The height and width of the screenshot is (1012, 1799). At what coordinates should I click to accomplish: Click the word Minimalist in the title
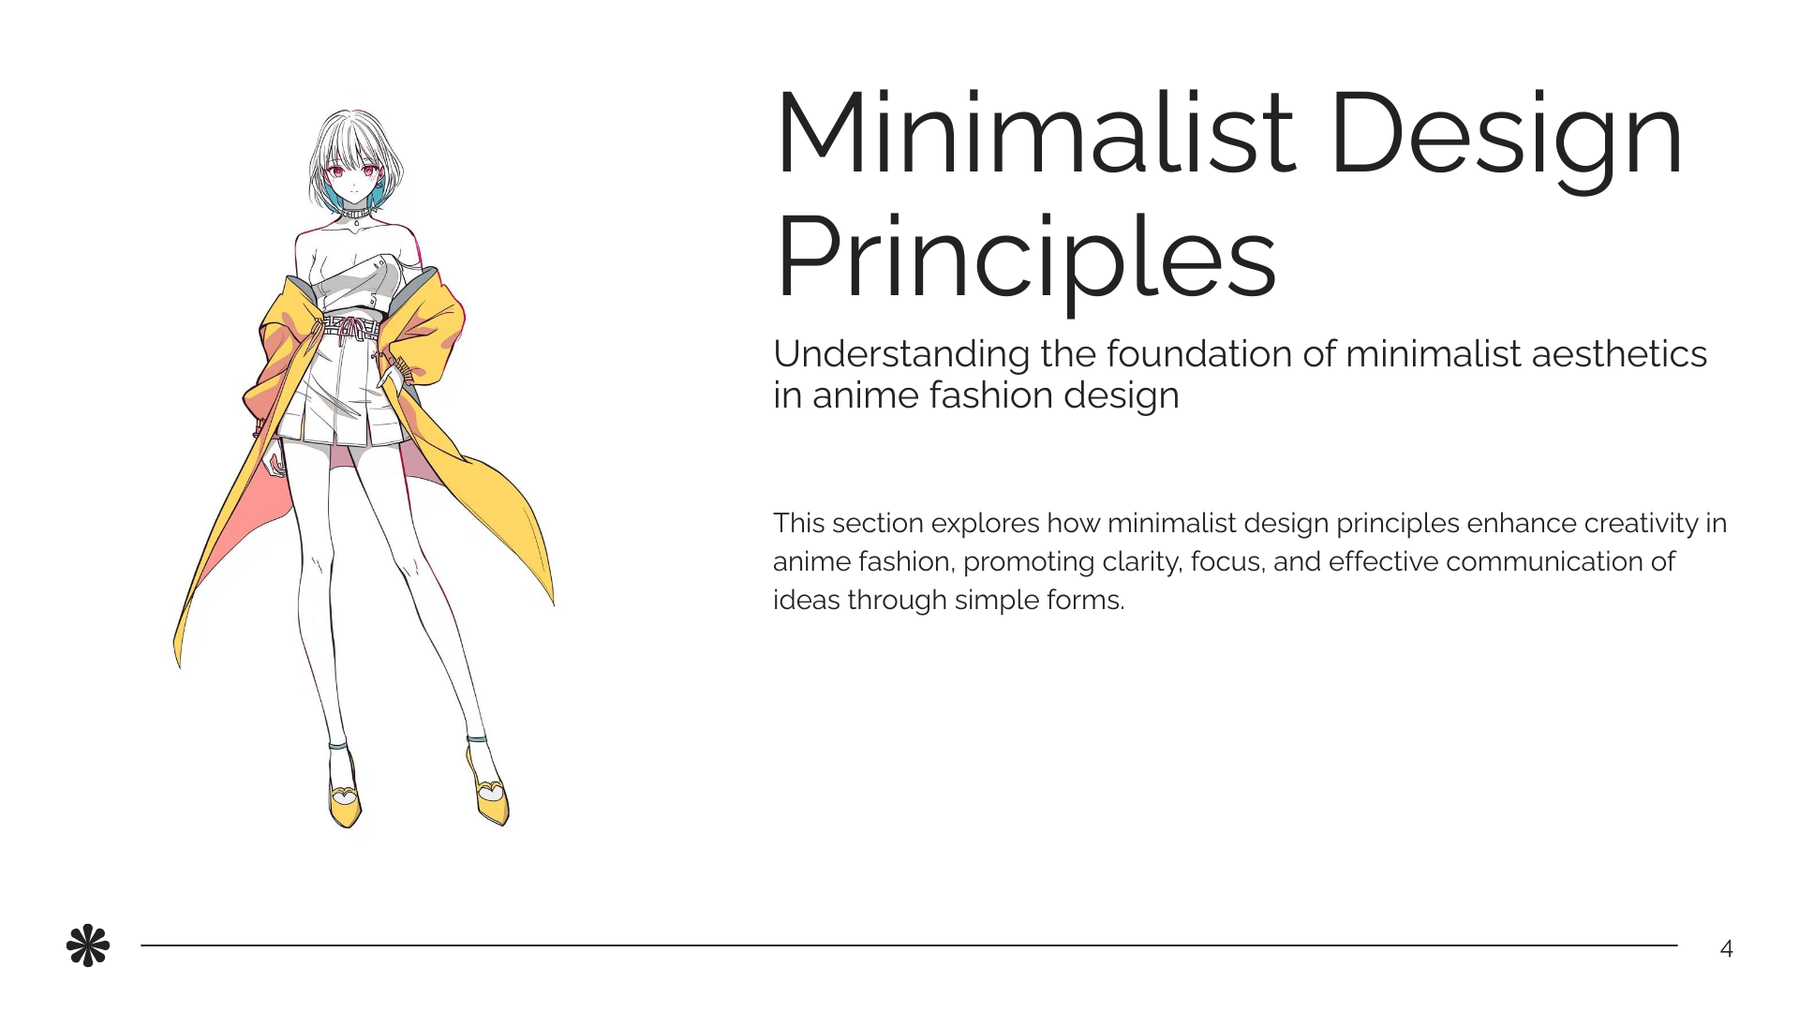[x=1035, y=133]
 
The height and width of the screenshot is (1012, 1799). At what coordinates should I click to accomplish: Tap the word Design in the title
[x=1506, y=133]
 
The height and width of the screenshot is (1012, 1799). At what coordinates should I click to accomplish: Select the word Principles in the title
[x=1026, y=257]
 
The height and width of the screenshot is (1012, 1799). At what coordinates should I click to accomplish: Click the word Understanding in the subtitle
[x=900, y=354]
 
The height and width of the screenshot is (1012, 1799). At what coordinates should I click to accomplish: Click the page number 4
[x=1726, y=949]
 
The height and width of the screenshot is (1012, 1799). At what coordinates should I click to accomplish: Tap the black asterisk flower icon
[x=88, y=946]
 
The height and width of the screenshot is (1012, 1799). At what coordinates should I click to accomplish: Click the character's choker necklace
[x=354, y=214]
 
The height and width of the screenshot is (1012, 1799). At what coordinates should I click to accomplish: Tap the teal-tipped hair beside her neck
[x=379, y=196]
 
